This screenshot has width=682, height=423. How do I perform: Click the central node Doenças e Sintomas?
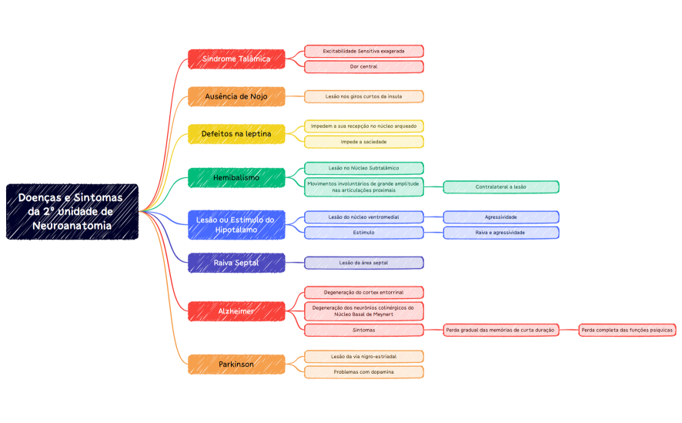tap(72, 212)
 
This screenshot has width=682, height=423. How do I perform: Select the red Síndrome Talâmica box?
tap(236, 59)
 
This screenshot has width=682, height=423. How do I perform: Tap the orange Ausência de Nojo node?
tap(236, 96)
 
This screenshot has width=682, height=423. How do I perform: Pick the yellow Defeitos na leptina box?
tap(236, 134)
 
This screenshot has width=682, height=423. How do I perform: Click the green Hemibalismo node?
tap(236, 178)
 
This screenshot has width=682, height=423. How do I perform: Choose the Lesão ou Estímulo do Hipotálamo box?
tap(236, 225)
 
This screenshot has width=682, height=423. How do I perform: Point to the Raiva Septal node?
tap(236, 263)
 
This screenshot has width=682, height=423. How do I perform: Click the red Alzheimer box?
tap(236, 311)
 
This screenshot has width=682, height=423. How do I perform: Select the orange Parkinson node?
tap(236, 364)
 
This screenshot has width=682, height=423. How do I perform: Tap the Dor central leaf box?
tap(363, 67)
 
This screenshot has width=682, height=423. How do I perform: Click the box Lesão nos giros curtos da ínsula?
tap(363, 96)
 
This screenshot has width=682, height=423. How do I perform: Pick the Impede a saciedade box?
tap(363, 142)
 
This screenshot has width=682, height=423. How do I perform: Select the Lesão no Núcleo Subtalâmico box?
tap(363, 168)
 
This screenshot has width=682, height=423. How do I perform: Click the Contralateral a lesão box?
tap(500, 186)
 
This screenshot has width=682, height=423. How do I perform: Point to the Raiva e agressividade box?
tap(500, 233)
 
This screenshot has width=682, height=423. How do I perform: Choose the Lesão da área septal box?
tap(363, 263)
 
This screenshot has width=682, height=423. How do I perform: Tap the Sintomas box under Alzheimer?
tap(363, 330)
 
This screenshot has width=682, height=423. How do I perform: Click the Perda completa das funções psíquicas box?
tap(627, 330)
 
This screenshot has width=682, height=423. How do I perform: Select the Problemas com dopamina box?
tap(363, 372)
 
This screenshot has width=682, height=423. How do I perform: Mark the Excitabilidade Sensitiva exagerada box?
tap(363, 51)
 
